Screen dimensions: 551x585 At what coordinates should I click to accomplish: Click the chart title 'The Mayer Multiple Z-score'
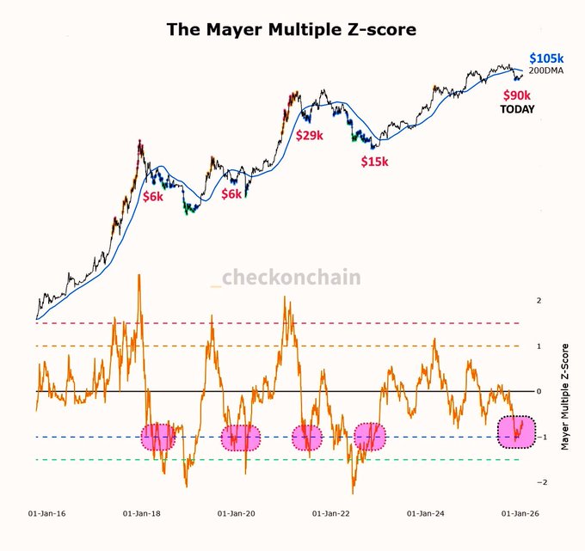click(292, 29)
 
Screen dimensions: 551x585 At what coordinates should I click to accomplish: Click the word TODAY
click(517, 109)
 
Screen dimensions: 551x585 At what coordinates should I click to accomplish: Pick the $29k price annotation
click(311, 136)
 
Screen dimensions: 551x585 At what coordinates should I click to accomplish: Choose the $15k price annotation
click(373, 161)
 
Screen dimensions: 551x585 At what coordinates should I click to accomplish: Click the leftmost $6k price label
click(152, 196)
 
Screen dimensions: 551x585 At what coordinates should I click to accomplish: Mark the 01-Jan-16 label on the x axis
click(48, 513)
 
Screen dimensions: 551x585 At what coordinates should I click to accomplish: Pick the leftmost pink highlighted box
click(157, 438)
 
